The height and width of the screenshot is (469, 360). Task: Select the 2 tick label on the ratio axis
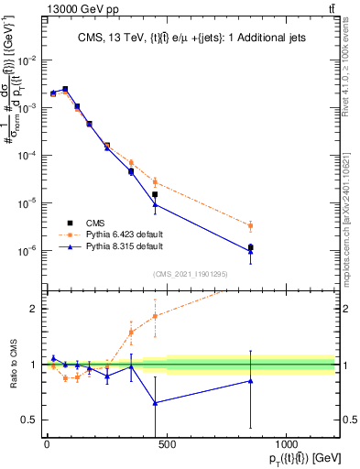pos(32,309)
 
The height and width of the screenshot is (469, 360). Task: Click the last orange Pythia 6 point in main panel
pos(250,225)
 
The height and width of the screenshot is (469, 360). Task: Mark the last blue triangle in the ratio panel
pos(250,381)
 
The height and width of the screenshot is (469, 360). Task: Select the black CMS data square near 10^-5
pos(155,194)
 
